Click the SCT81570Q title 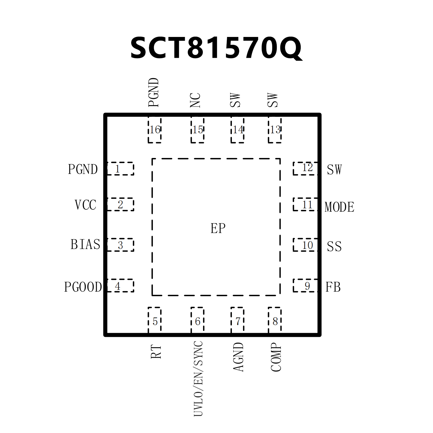(216, 48)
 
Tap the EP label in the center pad (218, 228)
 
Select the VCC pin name (85, 205)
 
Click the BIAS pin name (85, 245)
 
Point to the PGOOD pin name (83, 287)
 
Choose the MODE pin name (339, 207)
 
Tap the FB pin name (333, 287)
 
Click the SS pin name (334, 247)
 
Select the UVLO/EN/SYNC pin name (198, 379)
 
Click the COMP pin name (276, 357)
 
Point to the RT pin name (156, 352)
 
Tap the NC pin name (195, 100)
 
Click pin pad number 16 (155, 130)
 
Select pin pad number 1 (120, 169)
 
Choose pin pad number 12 (305, 168)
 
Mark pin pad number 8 (275, 320)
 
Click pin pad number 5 (155, 320)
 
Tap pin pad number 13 (275, 130)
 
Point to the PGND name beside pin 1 (83, 169)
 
